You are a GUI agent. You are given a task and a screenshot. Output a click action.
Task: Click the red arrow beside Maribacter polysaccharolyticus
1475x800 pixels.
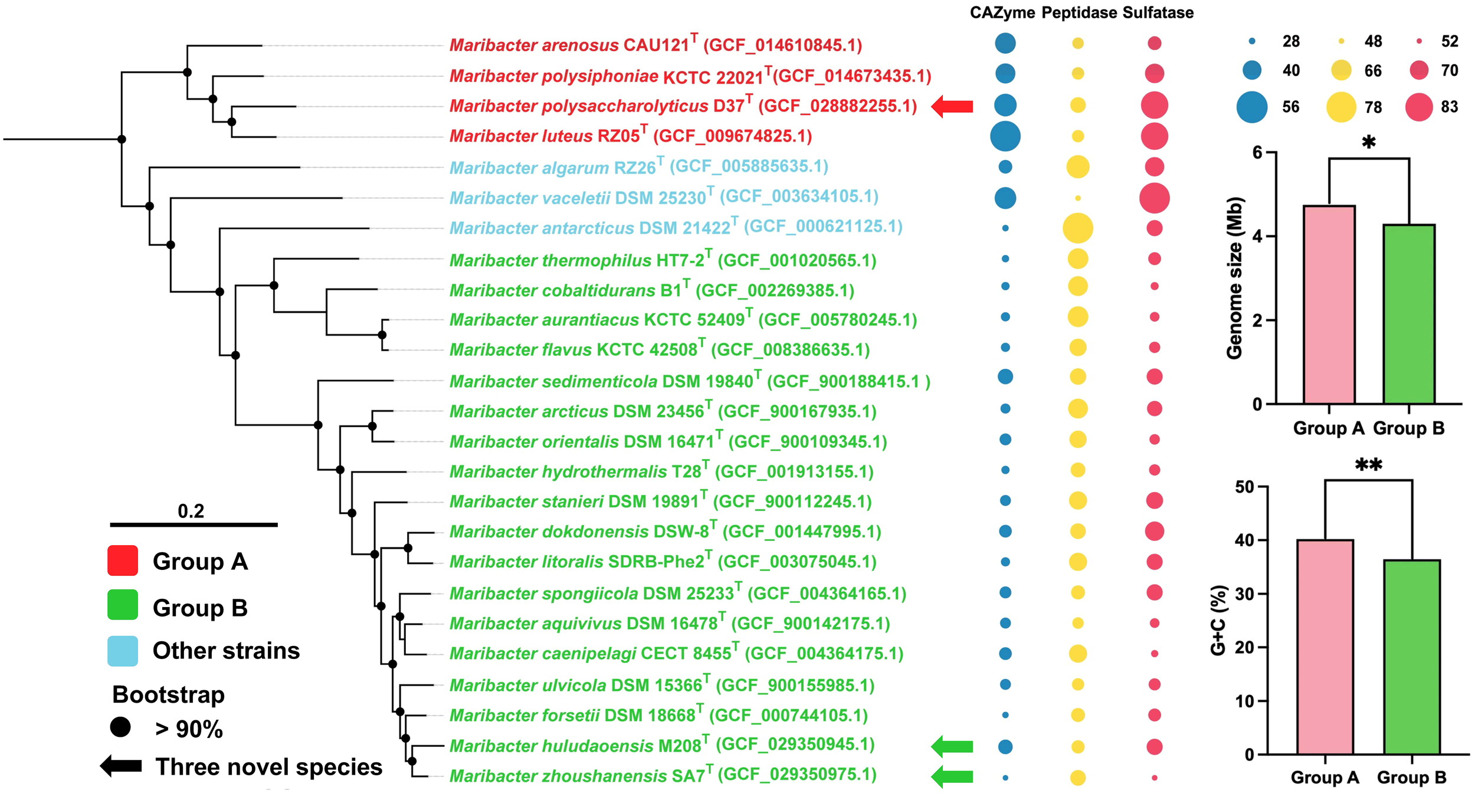(x=952, y=107)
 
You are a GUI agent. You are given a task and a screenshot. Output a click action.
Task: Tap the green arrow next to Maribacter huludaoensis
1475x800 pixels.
(x=952, y=746)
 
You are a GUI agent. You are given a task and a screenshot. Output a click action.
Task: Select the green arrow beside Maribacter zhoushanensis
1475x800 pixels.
(x=952, y=777)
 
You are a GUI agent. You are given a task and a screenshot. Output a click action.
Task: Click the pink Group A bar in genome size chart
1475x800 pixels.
(x=1329, y=304)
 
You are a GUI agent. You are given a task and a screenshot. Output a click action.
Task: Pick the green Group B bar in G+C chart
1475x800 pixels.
(x=1411, y=657)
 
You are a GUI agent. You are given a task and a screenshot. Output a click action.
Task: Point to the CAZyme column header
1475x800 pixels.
(x=1002, y=13)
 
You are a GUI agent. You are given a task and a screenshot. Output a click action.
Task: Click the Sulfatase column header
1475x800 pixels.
(x=1158, y=13)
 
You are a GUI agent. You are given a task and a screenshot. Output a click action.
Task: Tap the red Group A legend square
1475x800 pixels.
(x=123, y=560)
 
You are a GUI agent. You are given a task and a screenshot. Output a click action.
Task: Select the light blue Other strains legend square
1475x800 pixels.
(x=123, y=651)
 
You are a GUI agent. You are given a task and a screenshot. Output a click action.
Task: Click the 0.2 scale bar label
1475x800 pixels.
(x=191, y=511)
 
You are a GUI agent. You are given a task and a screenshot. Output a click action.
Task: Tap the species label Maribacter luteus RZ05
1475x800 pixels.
(x=630, y=136)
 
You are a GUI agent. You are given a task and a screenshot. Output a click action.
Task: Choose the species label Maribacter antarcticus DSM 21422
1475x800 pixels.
(x=676, y=227)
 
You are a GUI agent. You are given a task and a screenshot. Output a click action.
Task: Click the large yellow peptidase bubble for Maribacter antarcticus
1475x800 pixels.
(x=1077, y=228)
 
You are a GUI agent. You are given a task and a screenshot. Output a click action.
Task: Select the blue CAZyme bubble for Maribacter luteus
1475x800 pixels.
(x=1005, y=136)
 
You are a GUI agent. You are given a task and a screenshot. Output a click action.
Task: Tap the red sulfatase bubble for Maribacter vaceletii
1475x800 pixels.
(x=1154, y=198)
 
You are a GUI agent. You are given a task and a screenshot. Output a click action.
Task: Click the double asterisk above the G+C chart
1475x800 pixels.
(x=1368, y=465)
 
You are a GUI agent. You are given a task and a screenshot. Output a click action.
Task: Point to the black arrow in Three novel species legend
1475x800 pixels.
(x=121, y=766)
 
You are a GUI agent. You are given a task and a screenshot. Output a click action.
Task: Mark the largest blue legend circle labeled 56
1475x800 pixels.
(x=1251, y=107)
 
